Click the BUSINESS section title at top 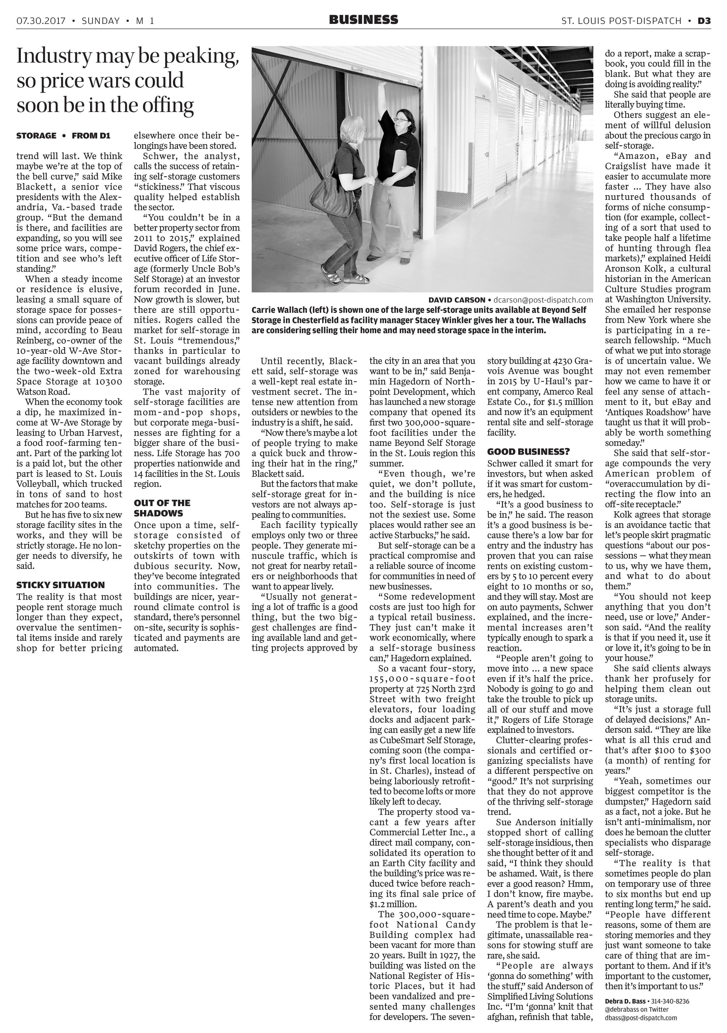363,20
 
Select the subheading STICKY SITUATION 60,585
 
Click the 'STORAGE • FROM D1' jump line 63,135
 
